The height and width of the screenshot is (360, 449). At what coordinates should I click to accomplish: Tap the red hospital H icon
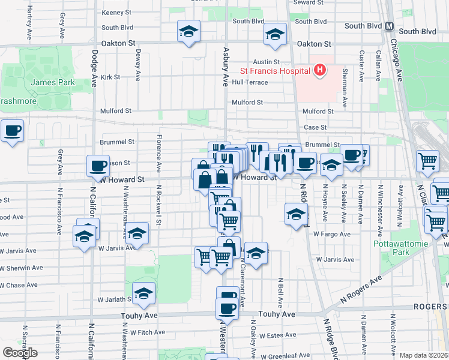coord(319,71)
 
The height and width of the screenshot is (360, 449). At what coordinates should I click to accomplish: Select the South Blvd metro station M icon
coord(389,26)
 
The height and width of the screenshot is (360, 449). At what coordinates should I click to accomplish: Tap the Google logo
coord(20,353)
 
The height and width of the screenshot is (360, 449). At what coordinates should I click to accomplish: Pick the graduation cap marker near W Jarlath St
coord(143,293)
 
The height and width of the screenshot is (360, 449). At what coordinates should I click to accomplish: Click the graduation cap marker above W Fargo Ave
coord(296,214)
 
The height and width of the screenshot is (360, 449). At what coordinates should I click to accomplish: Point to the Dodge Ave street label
coord(94,68)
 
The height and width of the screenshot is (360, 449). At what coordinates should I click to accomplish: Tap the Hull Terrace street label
coord(250,82)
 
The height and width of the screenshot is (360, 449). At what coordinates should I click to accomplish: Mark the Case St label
coord(315,127)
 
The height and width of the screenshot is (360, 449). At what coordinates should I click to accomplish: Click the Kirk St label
coord(110,77)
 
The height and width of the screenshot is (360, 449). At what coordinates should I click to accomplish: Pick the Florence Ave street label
coord(159,154)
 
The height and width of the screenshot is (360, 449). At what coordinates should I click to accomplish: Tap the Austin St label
coord(267,62)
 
